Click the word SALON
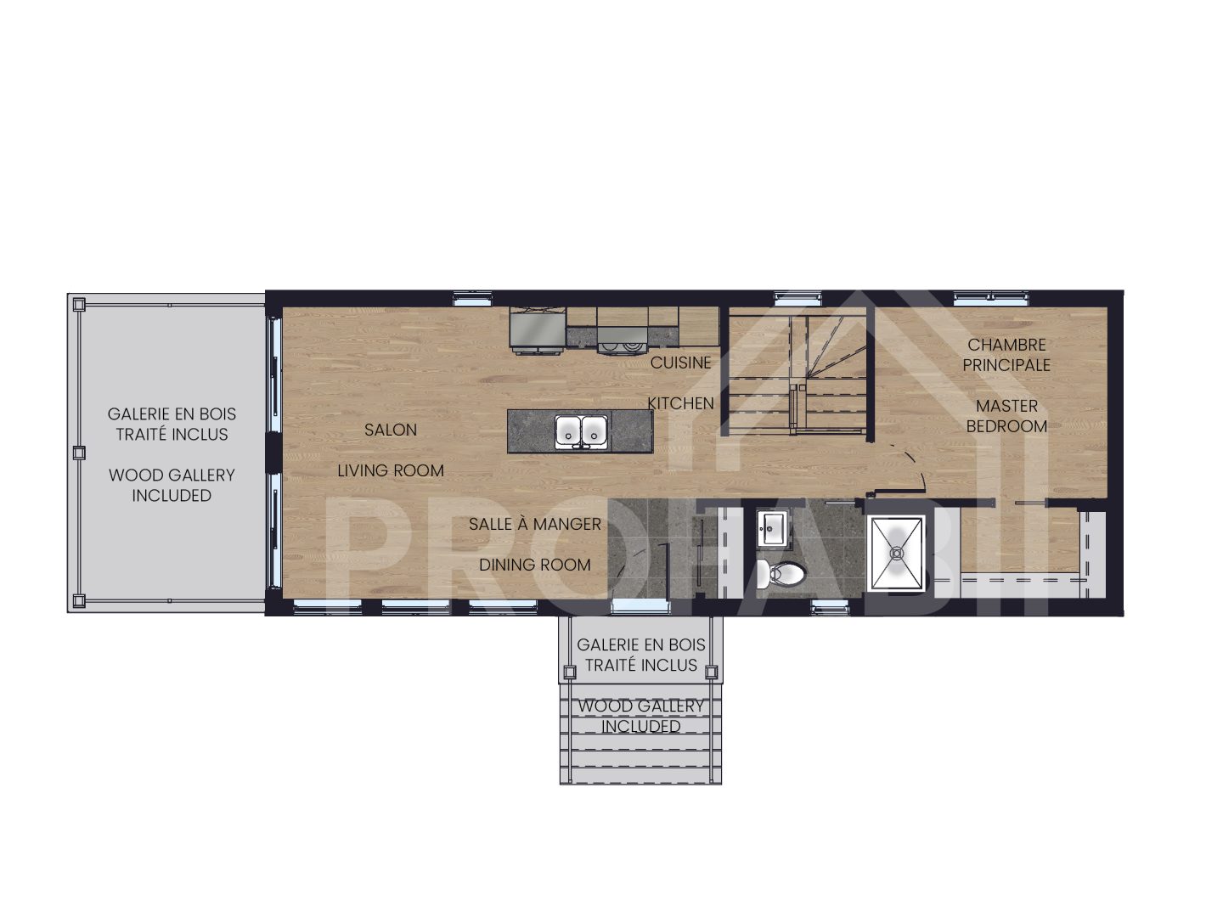click(x=391, y=430)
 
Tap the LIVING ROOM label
click(x=391, y=470)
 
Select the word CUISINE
click(x=681, y=363)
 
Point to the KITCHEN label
click(x=681, y=403)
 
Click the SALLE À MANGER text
click(x=535, y=524)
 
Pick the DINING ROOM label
click(x=535, y=565)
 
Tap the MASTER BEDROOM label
click(x=1006, y=416)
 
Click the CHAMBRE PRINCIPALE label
click(x=1006, y=355)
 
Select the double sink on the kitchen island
click(x=582, y=431)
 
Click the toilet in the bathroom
click(x=784, y=574)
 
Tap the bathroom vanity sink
click(x=772, y=529)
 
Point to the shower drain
click(x=896, y=552)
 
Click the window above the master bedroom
click(x=989, y=298)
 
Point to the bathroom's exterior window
click(x=825, y=607)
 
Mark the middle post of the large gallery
click(x=79, y=453)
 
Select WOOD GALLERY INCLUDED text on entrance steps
click(x=641, y=716)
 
